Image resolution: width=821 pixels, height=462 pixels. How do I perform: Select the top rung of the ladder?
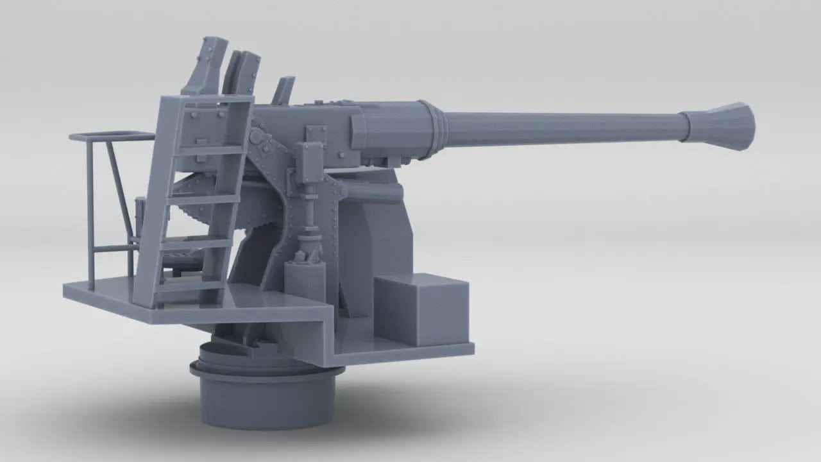212,149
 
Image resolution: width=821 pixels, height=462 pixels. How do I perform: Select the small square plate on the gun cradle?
315,133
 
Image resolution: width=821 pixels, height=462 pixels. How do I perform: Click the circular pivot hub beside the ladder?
257,137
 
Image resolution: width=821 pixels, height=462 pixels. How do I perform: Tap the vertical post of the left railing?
92,212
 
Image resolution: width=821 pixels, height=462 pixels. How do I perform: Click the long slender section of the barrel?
558,125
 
